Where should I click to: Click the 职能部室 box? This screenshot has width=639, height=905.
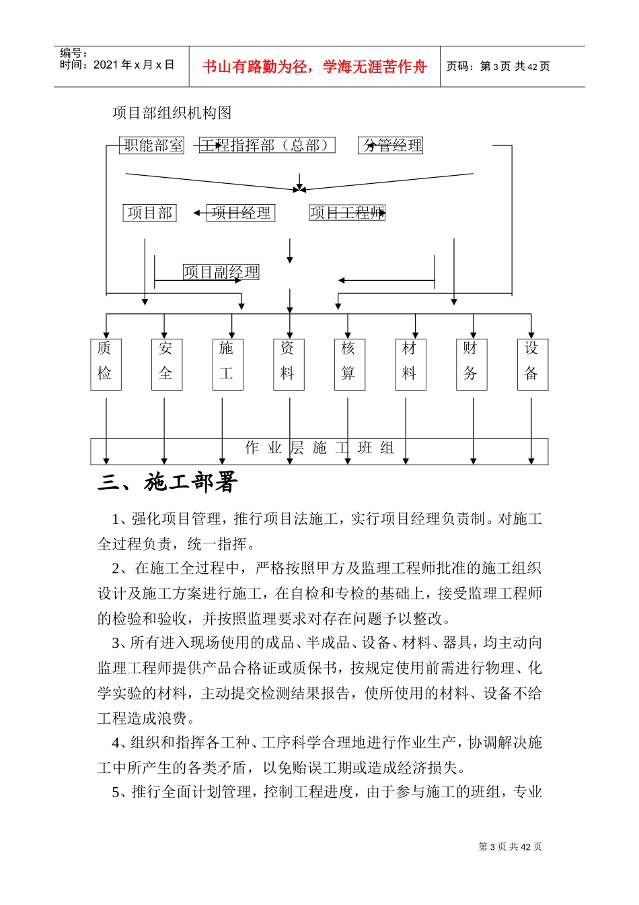click(152, 145)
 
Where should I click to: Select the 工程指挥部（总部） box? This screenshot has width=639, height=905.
click(267, 145)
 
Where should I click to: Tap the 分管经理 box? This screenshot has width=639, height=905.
click(391, 145)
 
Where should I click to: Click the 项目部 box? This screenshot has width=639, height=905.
click(149, 213)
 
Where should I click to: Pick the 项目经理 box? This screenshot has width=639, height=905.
click(241, 213)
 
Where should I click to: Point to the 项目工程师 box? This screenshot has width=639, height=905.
click(347, 213)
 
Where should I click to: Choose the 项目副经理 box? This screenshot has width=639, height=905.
click(221, 272)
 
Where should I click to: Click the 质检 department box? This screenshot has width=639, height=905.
click(106, 364)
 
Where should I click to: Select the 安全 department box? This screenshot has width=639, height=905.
click(166, 364)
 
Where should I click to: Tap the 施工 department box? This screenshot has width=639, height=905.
click(227, 364)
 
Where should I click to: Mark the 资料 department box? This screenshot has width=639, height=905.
click(289, 364)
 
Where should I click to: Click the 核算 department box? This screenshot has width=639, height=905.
click(349, 364)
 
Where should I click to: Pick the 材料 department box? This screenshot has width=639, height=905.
click(410, 364)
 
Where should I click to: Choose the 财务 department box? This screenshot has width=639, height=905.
click(471, 364)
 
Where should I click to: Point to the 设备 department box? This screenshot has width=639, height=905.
click(532, 364)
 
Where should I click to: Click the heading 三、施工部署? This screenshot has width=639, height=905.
click(167, 482)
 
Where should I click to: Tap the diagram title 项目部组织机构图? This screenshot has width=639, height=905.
click(172, 113)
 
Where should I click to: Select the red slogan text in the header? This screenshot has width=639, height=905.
click(314, 67)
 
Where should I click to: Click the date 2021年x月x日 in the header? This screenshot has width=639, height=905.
click(134, 65)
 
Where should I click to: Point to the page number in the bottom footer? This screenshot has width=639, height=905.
click(510, 847)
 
